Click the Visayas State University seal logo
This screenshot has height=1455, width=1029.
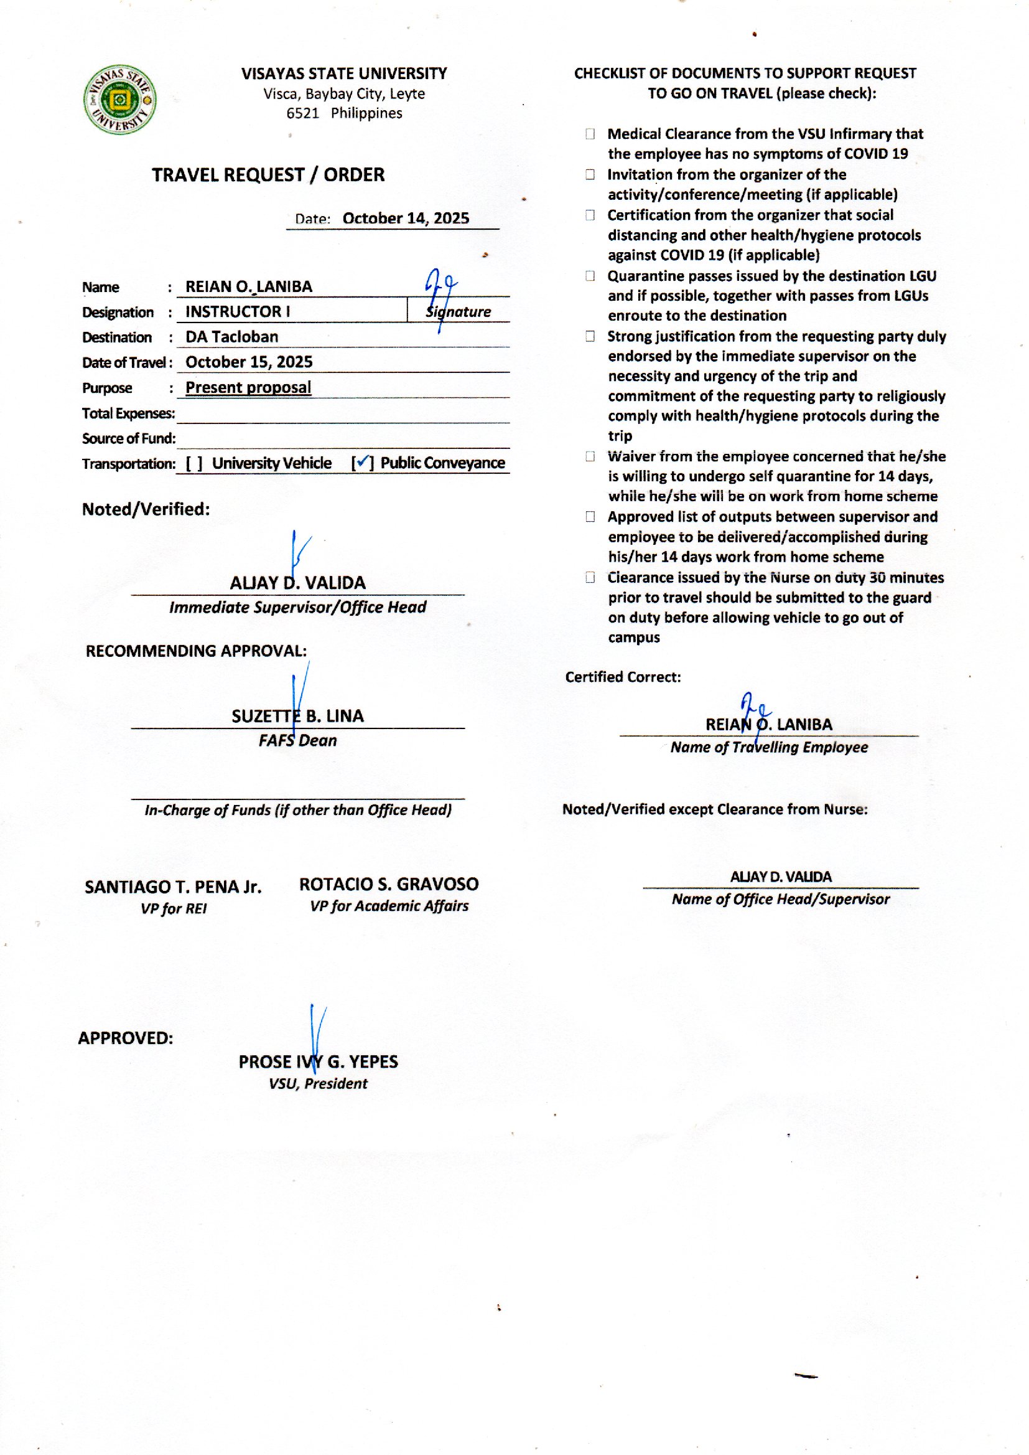click(119, 100)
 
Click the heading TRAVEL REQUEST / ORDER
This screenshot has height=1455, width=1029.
click(268, 175)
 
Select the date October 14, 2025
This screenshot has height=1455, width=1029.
click(406, 219)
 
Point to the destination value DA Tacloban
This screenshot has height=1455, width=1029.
click(232, 337)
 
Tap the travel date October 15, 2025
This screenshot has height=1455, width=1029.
click(249, 362)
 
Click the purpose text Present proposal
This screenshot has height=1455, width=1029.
click(248, 387)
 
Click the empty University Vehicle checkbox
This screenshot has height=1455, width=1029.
click(195, 463)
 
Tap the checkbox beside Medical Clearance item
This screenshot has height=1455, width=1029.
click(590, 134)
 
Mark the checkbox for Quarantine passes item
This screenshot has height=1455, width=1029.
click(590, 276)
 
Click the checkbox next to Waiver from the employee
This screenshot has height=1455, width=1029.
click(590, 456)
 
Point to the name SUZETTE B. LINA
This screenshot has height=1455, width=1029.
click(297, 717)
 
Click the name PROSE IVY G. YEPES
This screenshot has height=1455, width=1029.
click(318, 1062)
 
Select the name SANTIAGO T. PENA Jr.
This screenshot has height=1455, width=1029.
click(173, 887)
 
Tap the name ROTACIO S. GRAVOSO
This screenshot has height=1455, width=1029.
click(388, 884)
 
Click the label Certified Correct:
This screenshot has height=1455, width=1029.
click(623, 677)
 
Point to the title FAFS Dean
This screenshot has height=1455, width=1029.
click(297, 740)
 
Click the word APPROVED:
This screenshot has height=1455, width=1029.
click(126, 1038)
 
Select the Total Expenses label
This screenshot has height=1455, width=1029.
click(129, 413)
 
